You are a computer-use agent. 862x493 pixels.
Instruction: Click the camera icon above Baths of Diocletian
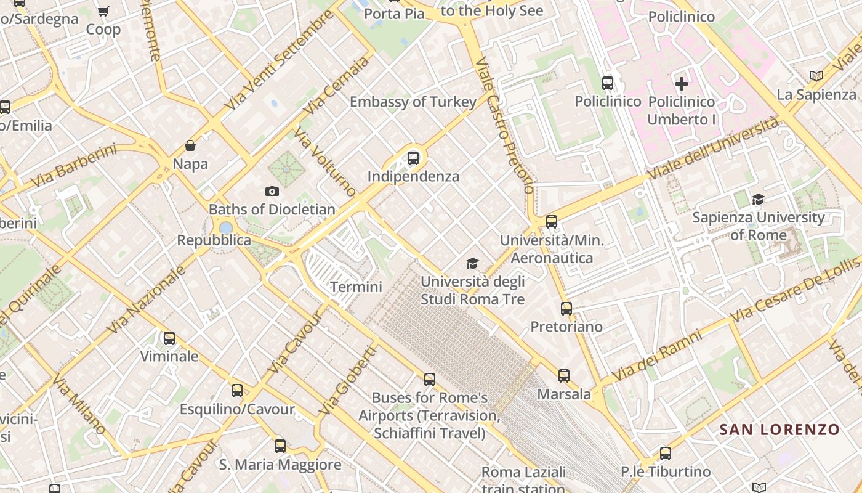(272, 192)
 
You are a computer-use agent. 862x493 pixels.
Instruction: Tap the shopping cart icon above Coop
(103, 11)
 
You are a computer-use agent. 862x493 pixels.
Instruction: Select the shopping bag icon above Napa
(190, 146)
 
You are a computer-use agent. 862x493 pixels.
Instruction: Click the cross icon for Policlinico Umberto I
(682, 83)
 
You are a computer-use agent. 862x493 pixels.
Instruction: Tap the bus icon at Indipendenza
(413, 158)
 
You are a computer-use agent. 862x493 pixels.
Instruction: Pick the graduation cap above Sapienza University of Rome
(758, 199)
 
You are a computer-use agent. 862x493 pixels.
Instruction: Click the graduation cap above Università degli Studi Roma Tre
(472, 264)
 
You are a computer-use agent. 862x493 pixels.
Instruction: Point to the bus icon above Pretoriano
(566, 309)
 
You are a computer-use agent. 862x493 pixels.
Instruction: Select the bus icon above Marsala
(564, 375)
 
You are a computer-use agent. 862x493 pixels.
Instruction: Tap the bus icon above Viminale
(169, 338)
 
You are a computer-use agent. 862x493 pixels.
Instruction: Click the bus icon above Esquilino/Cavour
(237, 391)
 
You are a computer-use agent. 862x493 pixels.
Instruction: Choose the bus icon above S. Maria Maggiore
(280, 446)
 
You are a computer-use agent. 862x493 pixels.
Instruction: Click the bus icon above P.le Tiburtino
(666, 454)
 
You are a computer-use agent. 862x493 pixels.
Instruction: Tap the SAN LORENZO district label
(779, 430)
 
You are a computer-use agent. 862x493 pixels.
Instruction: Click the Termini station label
(356, 287)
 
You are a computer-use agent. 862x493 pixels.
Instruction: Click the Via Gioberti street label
(348, 380)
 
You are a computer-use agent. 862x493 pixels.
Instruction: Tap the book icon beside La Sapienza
(816, 76)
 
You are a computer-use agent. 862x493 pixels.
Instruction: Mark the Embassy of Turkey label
(413, 102)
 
